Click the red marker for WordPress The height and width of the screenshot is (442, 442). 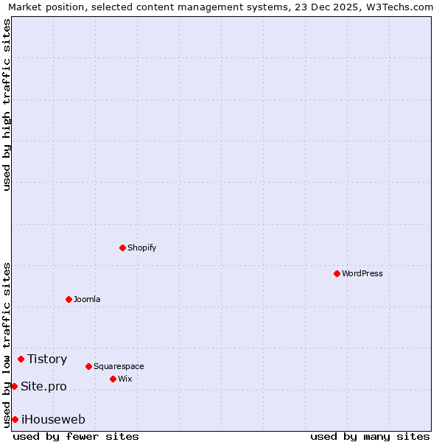pyautogui.click(x=337, y=273)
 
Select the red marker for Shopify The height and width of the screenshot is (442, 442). pyautogui.click(x=122, y=248)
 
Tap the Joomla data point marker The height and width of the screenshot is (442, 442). pyautogui.click(x=69, y=299)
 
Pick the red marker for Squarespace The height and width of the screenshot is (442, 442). pyautogui.click(x=88, y=366)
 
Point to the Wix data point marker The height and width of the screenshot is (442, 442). pyautogui.click(x=113, y=379)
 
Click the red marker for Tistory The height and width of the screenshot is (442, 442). pyautogui.click(x=21, y=359)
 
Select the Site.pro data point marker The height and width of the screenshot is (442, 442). pyautogui.click(x=14, y=386)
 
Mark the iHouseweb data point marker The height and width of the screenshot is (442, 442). pyautogui.click(x=15, y=419)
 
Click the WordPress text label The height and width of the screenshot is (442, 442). pyautogui.click(x=362, y=273)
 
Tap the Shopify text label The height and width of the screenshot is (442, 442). pyautogui.click(x=142, y=248)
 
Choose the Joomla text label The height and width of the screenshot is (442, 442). pyautogui.click(x=87, y=299)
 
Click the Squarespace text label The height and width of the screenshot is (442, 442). pyautogui.click(x=119, y=366)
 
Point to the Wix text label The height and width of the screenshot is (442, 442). pyautogui.click(x=125, y=379)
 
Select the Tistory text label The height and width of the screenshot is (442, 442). pyautogui.click(x=47, y=359)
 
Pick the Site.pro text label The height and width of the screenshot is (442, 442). pyautogui.click(x=43, y=386)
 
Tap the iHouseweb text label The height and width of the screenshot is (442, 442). pyautogui.click(x=53, y=419)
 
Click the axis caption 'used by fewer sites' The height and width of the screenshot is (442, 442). pyautogui.click(x=76, y=436)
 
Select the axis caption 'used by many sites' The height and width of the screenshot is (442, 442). pyautogui.click(x=370, y=436)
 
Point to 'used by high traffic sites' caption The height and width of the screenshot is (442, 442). pyautogui.click(x=7, y=105)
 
